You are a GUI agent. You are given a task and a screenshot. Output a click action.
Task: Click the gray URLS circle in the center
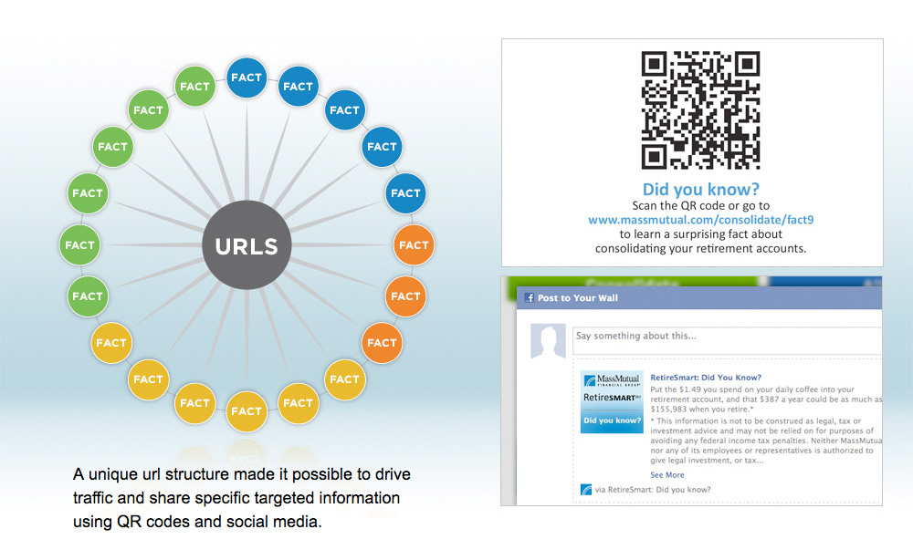[246, 244]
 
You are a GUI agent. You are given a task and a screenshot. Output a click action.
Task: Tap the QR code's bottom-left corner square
[656, 156]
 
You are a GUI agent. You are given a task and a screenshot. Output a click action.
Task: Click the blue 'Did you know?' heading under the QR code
[700, 190]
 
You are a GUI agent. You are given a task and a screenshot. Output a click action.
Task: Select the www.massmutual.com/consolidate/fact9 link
[700, 220]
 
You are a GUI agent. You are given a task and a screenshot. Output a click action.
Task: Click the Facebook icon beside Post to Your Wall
[529, 298]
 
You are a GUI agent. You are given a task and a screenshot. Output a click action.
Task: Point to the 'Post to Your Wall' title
[573, 298]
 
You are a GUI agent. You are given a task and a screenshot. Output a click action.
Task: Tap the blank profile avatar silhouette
[547, 344]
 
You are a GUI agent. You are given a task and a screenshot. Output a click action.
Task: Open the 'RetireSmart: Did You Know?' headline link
[706, 377]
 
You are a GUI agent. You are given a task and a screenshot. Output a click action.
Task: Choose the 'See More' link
[666, 475]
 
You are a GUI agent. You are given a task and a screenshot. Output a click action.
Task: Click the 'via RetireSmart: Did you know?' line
[652, 490]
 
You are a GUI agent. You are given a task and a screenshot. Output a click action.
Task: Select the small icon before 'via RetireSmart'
[586, 490]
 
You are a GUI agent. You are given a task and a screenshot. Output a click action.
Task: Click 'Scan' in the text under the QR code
[645, 206]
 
